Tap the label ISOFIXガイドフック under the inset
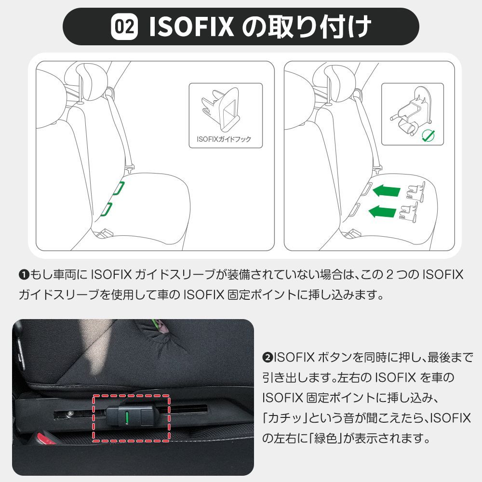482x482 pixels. (224, 140)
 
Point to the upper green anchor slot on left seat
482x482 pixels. (118, 188)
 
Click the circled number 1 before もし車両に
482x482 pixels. (24, 275)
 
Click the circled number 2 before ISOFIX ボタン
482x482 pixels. (268, 358)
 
